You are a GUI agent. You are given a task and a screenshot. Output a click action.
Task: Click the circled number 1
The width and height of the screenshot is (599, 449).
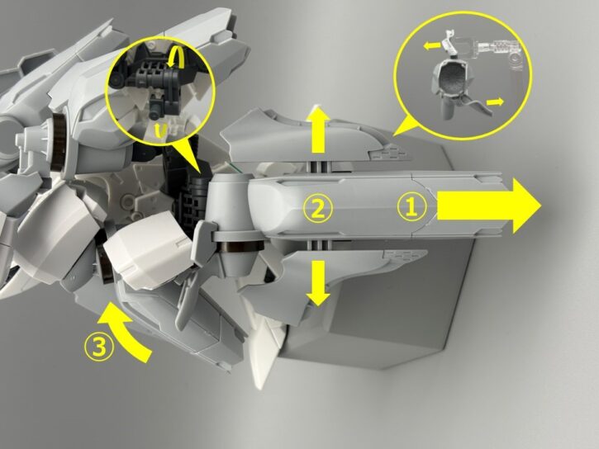[411, 207]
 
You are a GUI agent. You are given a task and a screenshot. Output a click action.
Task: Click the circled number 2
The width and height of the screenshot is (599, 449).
[318, 209]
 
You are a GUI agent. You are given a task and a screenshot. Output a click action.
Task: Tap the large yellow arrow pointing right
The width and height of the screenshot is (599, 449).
[489, 206]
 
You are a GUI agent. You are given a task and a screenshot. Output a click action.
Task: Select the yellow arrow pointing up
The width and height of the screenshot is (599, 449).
[319, 130]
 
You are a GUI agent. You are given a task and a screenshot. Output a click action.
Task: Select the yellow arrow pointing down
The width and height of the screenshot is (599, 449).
[318, 283]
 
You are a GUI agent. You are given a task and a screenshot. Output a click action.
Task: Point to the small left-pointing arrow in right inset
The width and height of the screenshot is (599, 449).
[431, 45]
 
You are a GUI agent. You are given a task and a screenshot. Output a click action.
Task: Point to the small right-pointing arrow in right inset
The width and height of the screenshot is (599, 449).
[495, 102]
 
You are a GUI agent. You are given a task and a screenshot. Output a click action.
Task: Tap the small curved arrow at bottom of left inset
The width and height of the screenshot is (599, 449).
[160, 130]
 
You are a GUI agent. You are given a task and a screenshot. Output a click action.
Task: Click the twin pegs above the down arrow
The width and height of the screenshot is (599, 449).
[319, 245]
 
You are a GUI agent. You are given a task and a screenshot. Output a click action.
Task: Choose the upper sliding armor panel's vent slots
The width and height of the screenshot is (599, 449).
[387, 154]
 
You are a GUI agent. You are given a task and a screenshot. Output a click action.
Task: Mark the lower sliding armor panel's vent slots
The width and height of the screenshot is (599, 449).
[405, 254]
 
